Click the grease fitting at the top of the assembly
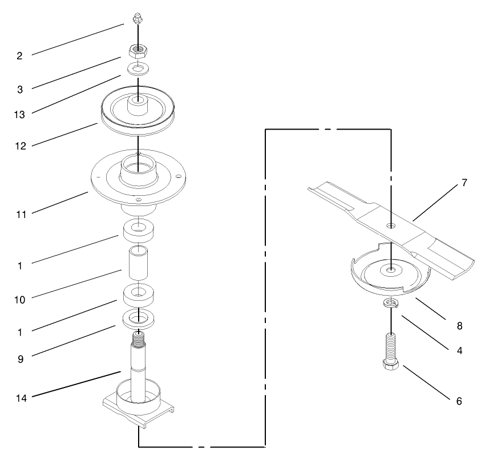click(x=136, y=20)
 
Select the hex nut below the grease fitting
click(x=137, y=51)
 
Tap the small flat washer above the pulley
click(x=137, y=69)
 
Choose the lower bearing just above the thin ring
click(x=137, y=294)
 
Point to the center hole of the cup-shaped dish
click(x=391, y=268)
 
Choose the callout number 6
click(x=459, y=401)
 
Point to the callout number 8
click(x=459, y=326)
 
